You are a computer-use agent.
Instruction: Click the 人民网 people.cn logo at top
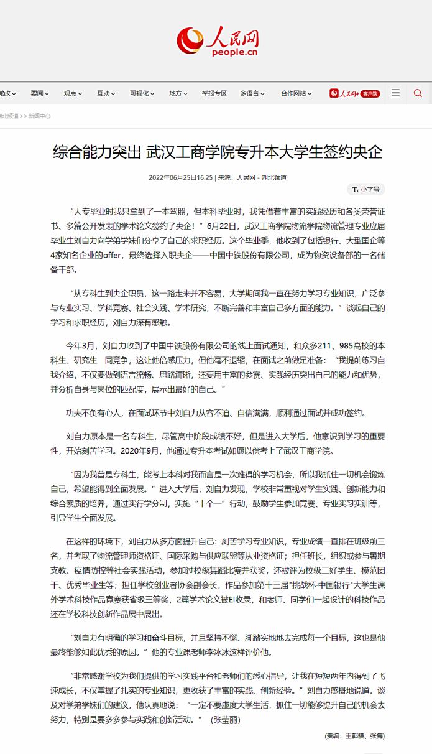click(x=216, y=42)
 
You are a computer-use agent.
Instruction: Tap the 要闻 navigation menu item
click(x=39, y=93)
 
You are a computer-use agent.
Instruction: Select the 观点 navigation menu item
click(x=72, y=93)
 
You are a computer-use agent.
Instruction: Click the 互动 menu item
click(x=105, y=93)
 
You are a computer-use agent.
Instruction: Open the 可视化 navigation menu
click(x=141, y=93)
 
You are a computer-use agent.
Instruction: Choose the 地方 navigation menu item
click(x=178, y=93)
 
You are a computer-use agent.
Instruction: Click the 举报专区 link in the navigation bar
click(x=214, y=93)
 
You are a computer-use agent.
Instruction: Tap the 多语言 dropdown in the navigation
click(x=252, y=93)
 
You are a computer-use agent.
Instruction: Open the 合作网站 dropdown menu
click(x=296, y=93)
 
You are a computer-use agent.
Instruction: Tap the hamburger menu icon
click(x=395, y=93)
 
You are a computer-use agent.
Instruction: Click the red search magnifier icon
click(x=418, y=93)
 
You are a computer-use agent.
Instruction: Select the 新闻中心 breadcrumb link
click(x=40, y=116)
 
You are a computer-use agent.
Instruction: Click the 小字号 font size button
click(x=366, y=189)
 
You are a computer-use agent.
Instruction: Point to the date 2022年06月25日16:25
click(x=181, y=177)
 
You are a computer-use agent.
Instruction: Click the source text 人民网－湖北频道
click(x=262, y=177)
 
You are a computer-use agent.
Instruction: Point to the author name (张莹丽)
click(x=225, y=720)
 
